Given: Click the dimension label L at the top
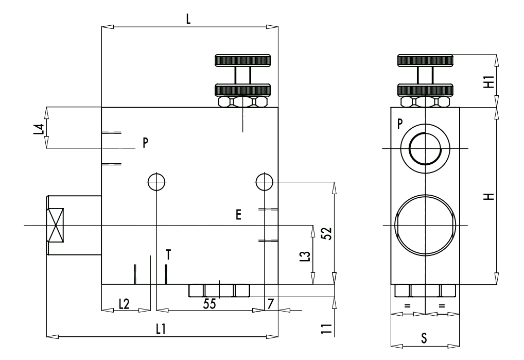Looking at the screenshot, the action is click(x=188, y=20).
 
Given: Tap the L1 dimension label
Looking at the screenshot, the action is click(x=161, y=329).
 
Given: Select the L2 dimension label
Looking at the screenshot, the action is click(x=124, y=304).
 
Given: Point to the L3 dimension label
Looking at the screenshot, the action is click(x=306, y=256).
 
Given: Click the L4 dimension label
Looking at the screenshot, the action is click(x=39, y=129).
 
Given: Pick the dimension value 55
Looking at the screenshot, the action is click(x=209, y=304).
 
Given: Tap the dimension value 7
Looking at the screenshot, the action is click(x=271, y=304).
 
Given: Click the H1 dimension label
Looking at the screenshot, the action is click(x=489, y=82).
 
